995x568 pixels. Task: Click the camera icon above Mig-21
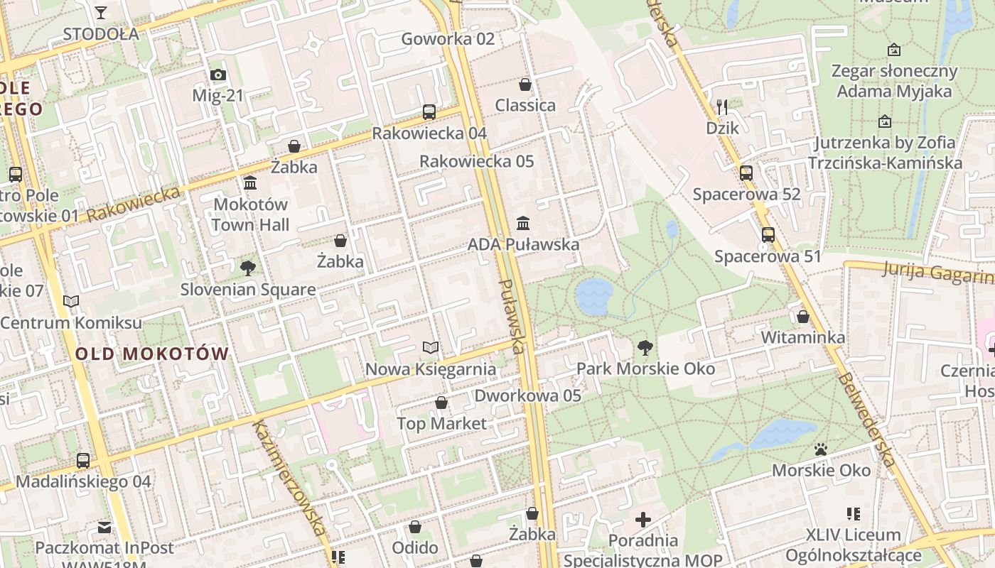[217, 75]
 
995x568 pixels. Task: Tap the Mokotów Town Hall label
[250, 214]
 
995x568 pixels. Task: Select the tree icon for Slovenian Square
[247, 268]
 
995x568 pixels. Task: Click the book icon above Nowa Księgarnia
[431, 348]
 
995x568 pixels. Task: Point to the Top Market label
[441, 424]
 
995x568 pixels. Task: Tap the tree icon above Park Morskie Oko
[645, 348]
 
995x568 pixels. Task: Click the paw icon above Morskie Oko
[821, 449]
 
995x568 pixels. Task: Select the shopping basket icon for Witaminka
[803, 317]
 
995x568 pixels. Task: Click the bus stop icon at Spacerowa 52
[746, 173]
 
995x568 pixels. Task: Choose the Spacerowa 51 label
[768, 256]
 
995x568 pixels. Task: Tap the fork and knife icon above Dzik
[722, 107]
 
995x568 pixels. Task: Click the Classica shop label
[525, 106]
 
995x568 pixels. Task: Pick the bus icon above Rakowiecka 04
[429, 112]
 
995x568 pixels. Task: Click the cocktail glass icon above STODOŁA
[100, 13]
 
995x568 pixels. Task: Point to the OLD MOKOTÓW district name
[152, 354]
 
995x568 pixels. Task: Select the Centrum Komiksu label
[71, 323]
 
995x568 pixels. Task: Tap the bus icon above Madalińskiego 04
[83, 461]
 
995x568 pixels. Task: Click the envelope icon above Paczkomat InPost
[104, 528]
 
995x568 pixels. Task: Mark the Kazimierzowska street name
[291, 476]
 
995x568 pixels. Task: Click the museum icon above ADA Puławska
[523, 223]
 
